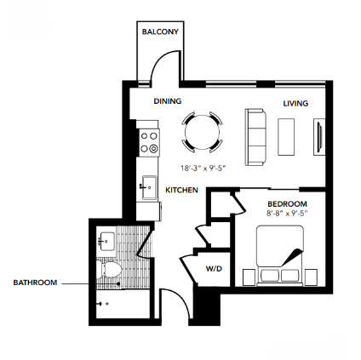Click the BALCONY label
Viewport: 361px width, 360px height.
(160, 31)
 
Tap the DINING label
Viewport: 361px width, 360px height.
(168, 101)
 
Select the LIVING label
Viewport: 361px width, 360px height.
(295, 104)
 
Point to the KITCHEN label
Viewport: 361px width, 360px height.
(181, 190)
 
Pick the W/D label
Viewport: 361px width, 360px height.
(213, 269)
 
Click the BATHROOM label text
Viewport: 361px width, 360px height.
(35, 283)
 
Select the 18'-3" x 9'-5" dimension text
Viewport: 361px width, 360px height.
(202, 169)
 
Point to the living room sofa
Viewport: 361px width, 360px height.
(255, 136)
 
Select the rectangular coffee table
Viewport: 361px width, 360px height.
(286, 135)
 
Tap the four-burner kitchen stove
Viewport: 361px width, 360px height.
(149, 141)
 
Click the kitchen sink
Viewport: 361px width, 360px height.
(148, 186)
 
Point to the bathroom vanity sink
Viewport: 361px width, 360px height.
(106, 240)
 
